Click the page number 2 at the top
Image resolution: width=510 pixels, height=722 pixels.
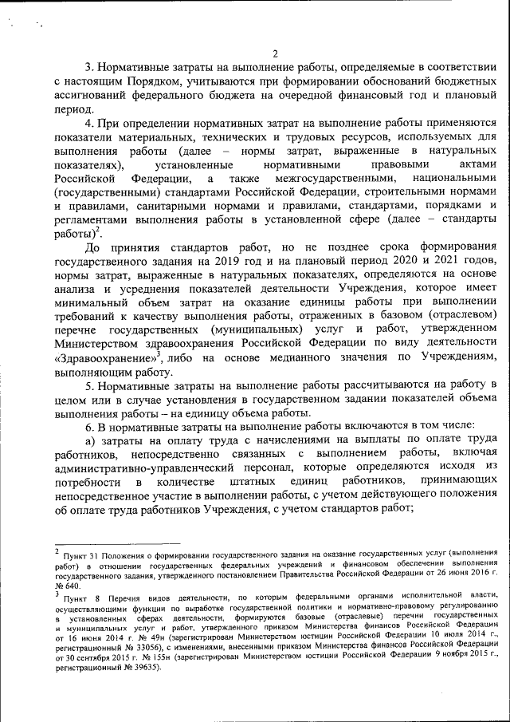[274, 53]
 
